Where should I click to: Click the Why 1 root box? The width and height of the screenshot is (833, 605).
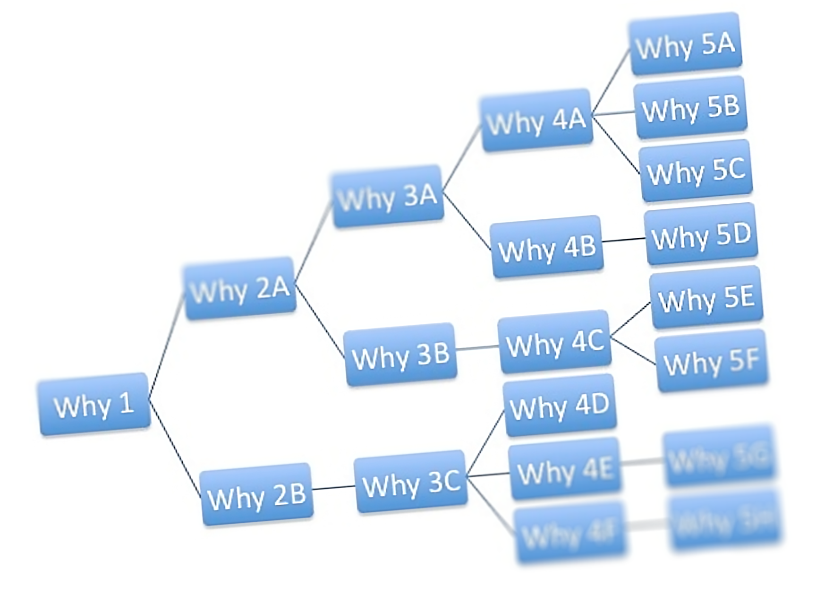coord(95,404)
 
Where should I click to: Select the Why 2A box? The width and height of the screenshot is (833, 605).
coord(240,288)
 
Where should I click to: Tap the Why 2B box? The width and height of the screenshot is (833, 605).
coord(257,494)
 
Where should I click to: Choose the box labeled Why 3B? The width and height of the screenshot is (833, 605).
coord(401,354)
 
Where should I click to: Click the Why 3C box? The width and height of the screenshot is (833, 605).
coord(411,482)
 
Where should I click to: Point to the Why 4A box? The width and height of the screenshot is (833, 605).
coord(537,120)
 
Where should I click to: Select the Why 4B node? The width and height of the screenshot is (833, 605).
coord(547,247)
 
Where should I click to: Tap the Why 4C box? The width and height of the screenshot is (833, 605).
coord(555,342)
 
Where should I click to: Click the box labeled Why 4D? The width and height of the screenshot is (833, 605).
coord(560,406)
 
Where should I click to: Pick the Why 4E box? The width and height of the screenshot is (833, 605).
coord(565,469)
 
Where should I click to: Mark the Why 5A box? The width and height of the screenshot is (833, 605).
coord(686,44)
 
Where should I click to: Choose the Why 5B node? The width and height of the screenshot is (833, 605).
coord(691,107)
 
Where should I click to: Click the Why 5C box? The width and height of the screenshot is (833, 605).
coord(696,171)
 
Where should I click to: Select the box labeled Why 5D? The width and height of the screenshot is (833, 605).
coord(702,234)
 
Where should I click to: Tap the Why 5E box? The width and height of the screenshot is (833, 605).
coord(707,298)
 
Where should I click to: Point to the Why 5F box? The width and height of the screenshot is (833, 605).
coord(712,361)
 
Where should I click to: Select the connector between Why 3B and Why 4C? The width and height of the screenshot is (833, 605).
coord(477,348)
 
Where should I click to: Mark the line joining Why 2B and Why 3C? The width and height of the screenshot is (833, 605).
coord(333,487)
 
